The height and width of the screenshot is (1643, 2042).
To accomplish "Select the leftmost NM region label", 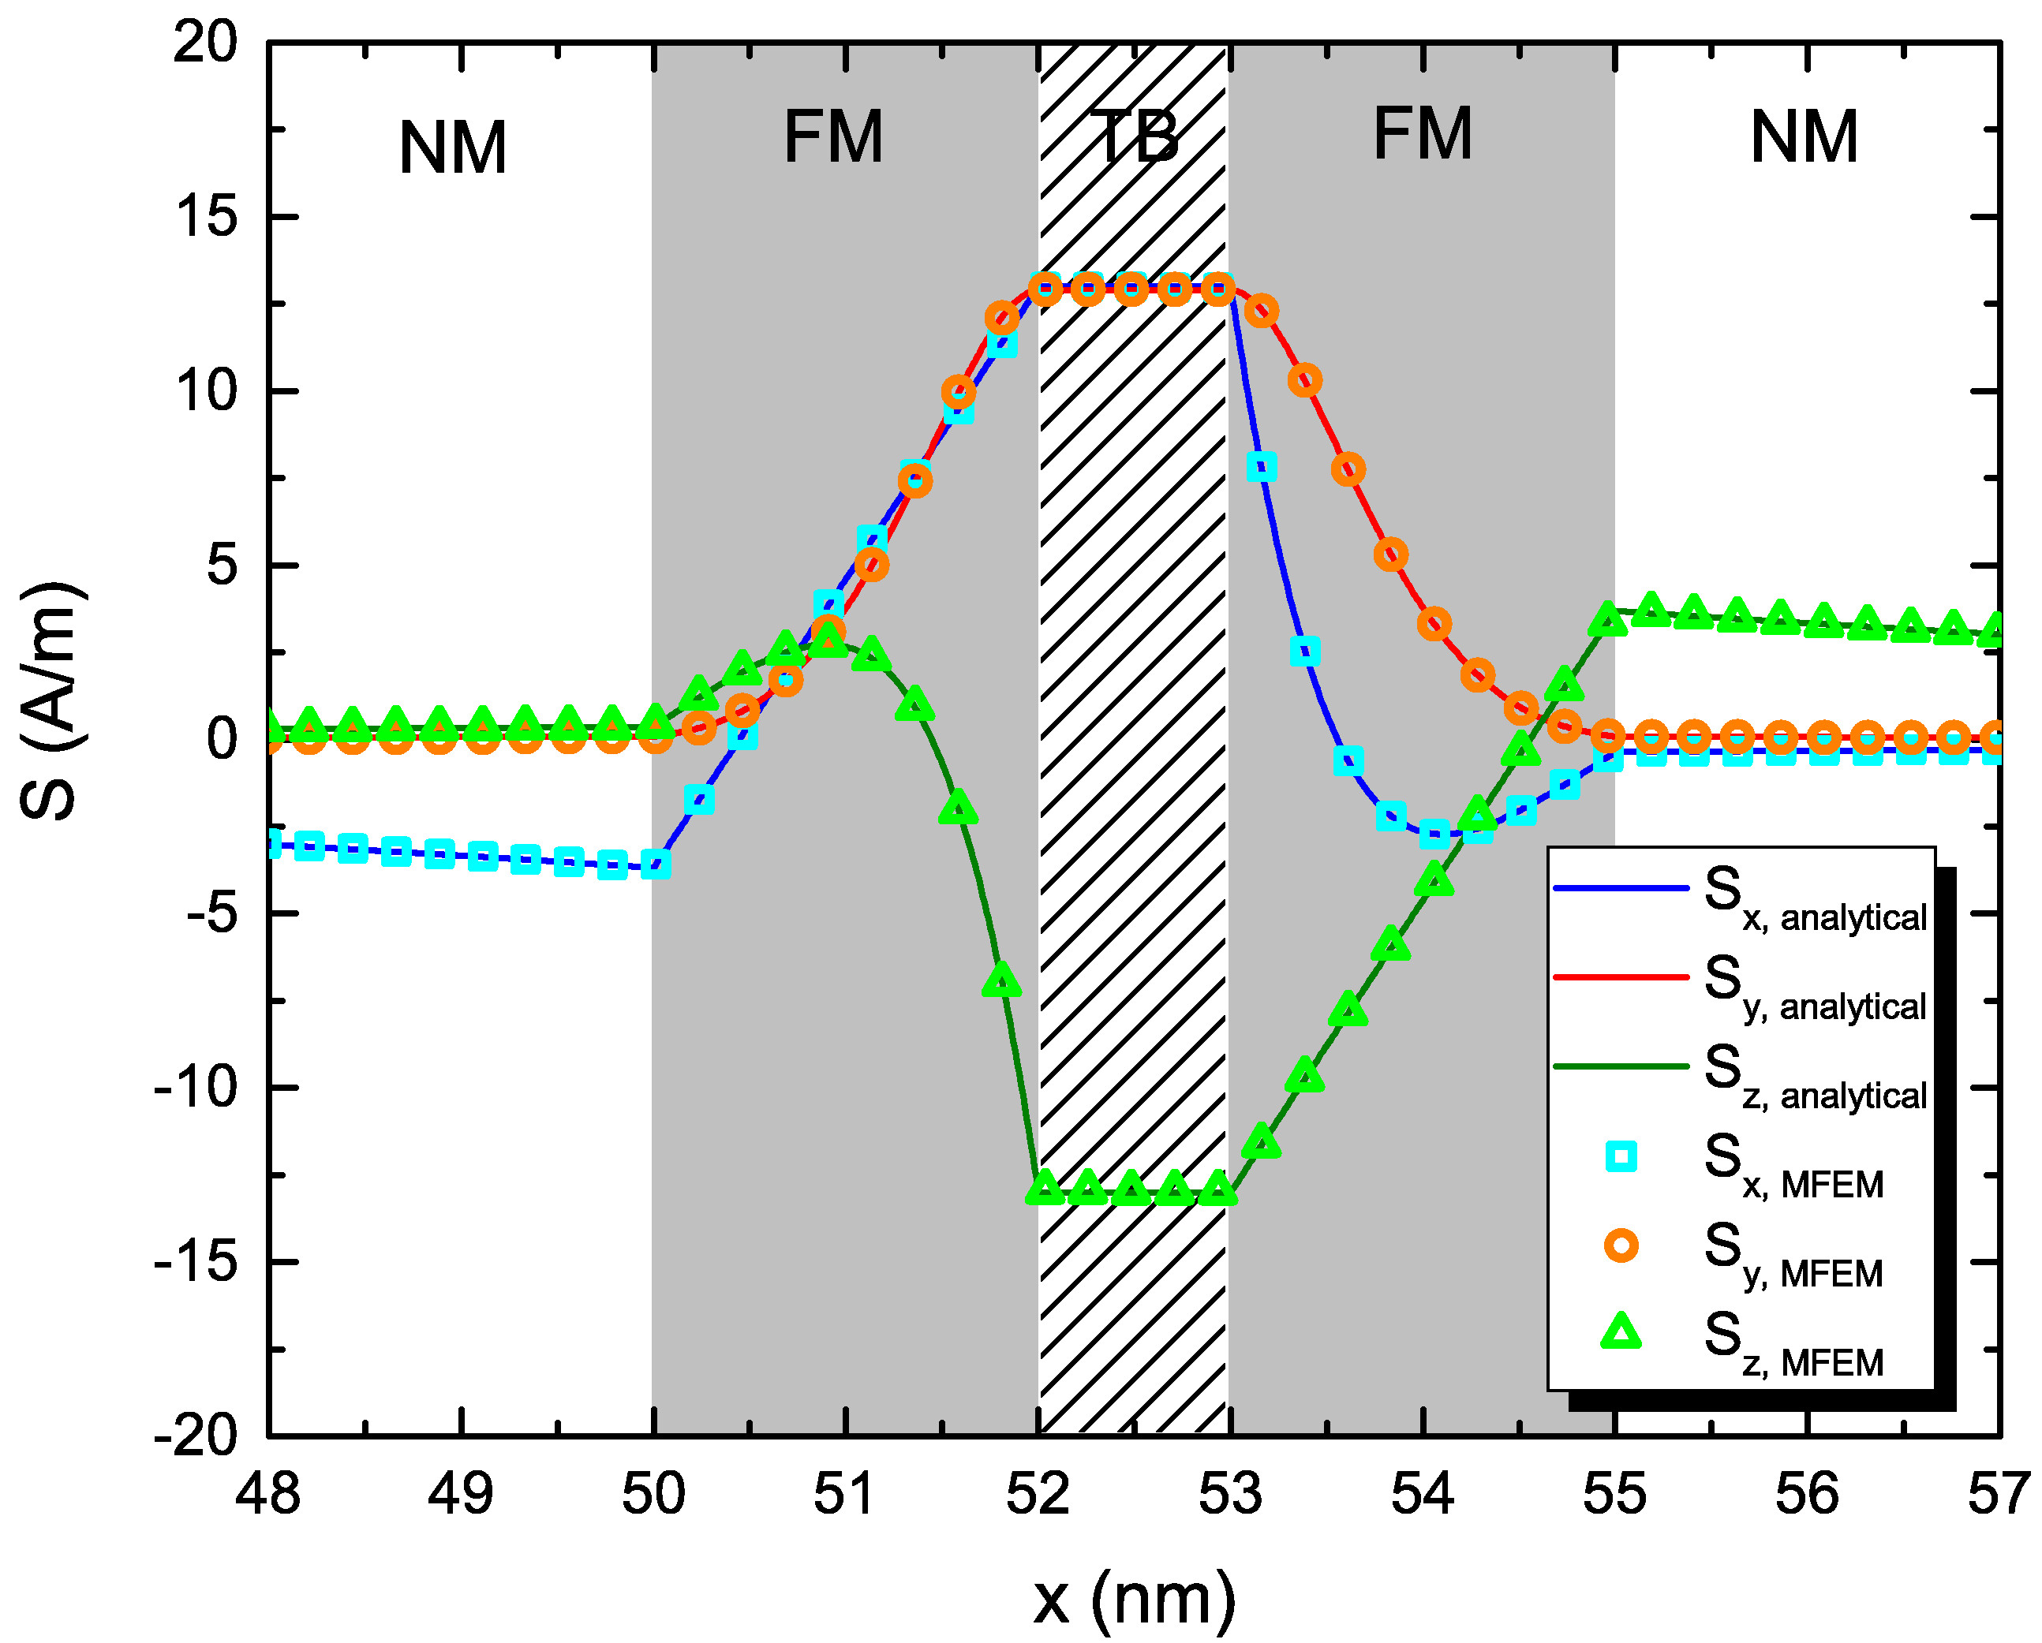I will (x=453, y=147).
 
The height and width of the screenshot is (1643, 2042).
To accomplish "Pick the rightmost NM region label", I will (x=1805, y=138).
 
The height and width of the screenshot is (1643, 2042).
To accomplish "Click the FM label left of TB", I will (x=833, y=138).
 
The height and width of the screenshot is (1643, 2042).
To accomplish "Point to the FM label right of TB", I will (x=1423, y=134).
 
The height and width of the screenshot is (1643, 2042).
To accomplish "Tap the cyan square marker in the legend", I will (x=1621, y=1156).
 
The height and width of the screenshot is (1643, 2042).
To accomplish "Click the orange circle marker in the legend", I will (x=1621, y=1245).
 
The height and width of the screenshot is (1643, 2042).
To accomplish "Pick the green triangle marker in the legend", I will (x=1621, y=1332).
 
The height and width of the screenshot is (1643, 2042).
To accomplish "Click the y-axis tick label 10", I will (x=207, y=391).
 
